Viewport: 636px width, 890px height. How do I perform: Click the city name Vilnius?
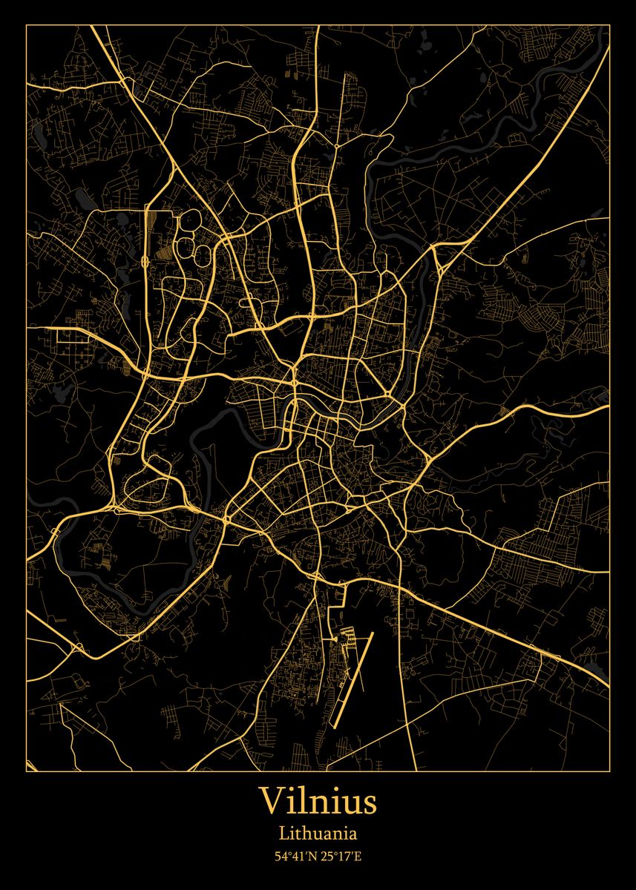pyautogui.click(x=318, y=802)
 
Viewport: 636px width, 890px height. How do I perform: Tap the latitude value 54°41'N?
pyautogui.click(x=296, y=857)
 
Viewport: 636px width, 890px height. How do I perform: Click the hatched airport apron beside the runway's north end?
pyautogui.click(x=346, y=638)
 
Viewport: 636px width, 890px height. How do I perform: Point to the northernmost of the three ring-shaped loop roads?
pyautogui.click(x=188, y=222)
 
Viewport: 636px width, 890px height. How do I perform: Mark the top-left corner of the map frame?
pyautogui.click(x=27, y=25)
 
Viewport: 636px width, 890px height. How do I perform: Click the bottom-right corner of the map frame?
pyautogui.click(x=609, y=771)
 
